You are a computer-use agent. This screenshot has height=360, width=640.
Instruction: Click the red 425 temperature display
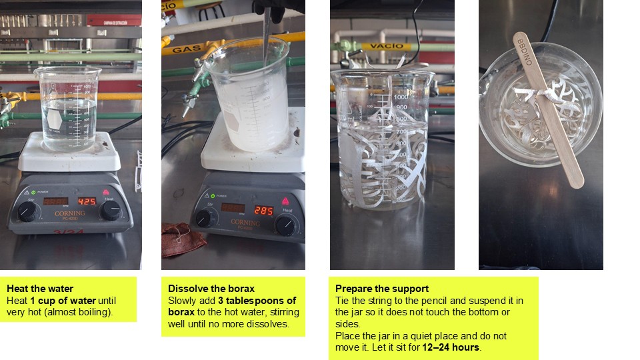pyautogui.click(x=87, y=201)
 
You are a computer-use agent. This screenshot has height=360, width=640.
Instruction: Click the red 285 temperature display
pyautogui.click(x=263, y=211)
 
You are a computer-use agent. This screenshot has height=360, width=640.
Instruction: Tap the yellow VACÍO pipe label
pyautogui.click(x=387, y=46)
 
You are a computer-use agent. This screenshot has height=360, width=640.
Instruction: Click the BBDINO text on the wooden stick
pyautogui.click(x=525, y=52)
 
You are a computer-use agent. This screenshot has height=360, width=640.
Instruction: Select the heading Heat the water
pyautogui.click(x=40, y=289)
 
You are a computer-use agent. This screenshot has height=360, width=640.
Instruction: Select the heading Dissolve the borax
pyautogui.click(x=211, y=289)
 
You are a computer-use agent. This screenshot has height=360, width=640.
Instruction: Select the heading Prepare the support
pyautogui.click(x=381, y=289)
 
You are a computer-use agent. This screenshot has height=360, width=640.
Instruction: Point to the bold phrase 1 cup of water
pyautogui.click(x=63, y=301)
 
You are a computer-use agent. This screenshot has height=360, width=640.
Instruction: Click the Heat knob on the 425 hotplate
pyautogui.click(x=110, y=211)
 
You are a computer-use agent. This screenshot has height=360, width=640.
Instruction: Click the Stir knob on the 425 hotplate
pyautogui.click(x=27, y=212)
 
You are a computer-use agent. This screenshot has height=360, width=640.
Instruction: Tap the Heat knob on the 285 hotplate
pyautogui.click(x=285, y=226)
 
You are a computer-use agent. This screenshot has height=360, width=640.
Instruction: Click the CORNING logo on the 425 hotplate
pyautogui.click(x=70, y=213)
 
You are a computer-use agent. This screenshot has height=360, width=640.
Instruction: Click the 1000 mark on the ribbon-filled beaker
pyautogui.click(x=401, y=97)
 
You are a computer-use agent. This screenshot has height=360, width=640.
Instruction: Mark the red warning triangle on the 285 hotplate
pyautogui.click(x=285, y=201)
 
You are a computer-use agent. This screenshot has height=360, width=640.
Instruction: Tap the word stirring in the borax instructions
pyautogui.click(x=285, y=312)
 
